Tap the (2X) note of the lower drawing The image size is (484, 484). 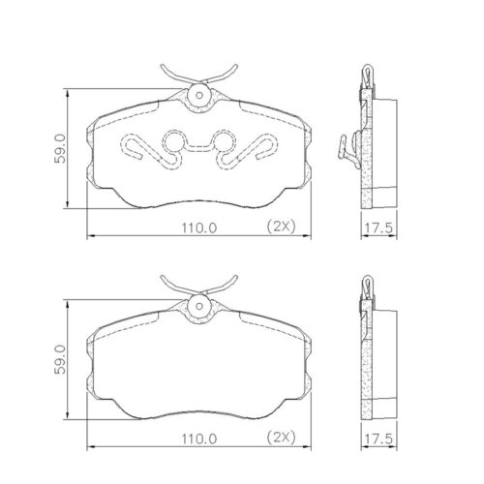281,439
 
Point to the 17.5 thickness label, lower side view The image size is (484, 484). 377,439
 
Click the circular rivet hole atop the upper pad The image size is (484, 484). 198,95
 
